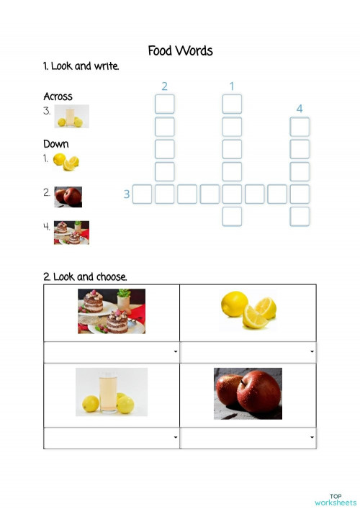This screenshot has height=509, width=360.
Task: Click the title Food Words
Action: click(180, 50)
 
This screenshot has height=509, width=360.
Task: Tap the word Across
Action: click(58, 96)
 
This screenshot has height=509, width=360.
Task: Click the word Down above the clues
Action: click(56, 144)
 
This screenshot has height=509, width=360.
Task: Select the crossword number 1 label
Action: click(232, 86)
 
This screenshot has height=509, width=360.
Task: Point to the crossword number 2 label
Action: click(164, 86)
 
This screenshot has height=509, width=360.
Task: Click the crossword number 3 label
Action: click(127, 194)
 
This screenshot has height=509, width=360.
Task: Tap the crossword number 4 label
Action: click(300, 109)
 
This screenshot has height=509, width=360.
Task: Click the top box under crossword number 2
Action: click(165, 104)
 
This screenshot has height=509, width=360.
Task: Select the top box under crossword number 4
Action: click(300, 127)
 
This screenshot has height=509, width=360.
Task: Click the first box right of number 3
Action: click(143, 194)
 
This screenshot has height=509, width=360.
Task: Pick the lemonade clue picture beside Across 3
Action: click(73, 116)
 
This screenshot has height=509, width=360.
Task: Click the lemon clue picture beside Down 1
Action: click(66, 162)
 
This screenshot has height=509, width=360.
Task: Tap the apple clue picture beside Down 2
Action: click(68, 197)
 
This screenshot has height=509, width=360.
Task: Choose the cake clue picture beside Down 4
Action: click(71, 233)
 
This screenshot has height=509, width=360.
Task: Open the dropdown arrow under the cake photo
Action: click(176, 352)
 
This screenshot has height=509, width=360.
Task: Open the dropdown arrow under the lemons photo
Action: click(312, 352)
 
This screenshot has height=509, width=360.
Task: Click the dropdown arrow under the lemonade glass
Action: click(176, 438)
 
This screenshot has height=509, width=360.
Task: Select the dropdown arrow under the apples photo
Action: click(312, 438)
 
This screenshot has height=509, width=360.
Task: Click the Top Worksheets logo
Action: click(336, 499)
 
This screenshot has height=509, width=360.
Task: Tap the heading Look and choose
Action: click(85, 276)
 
